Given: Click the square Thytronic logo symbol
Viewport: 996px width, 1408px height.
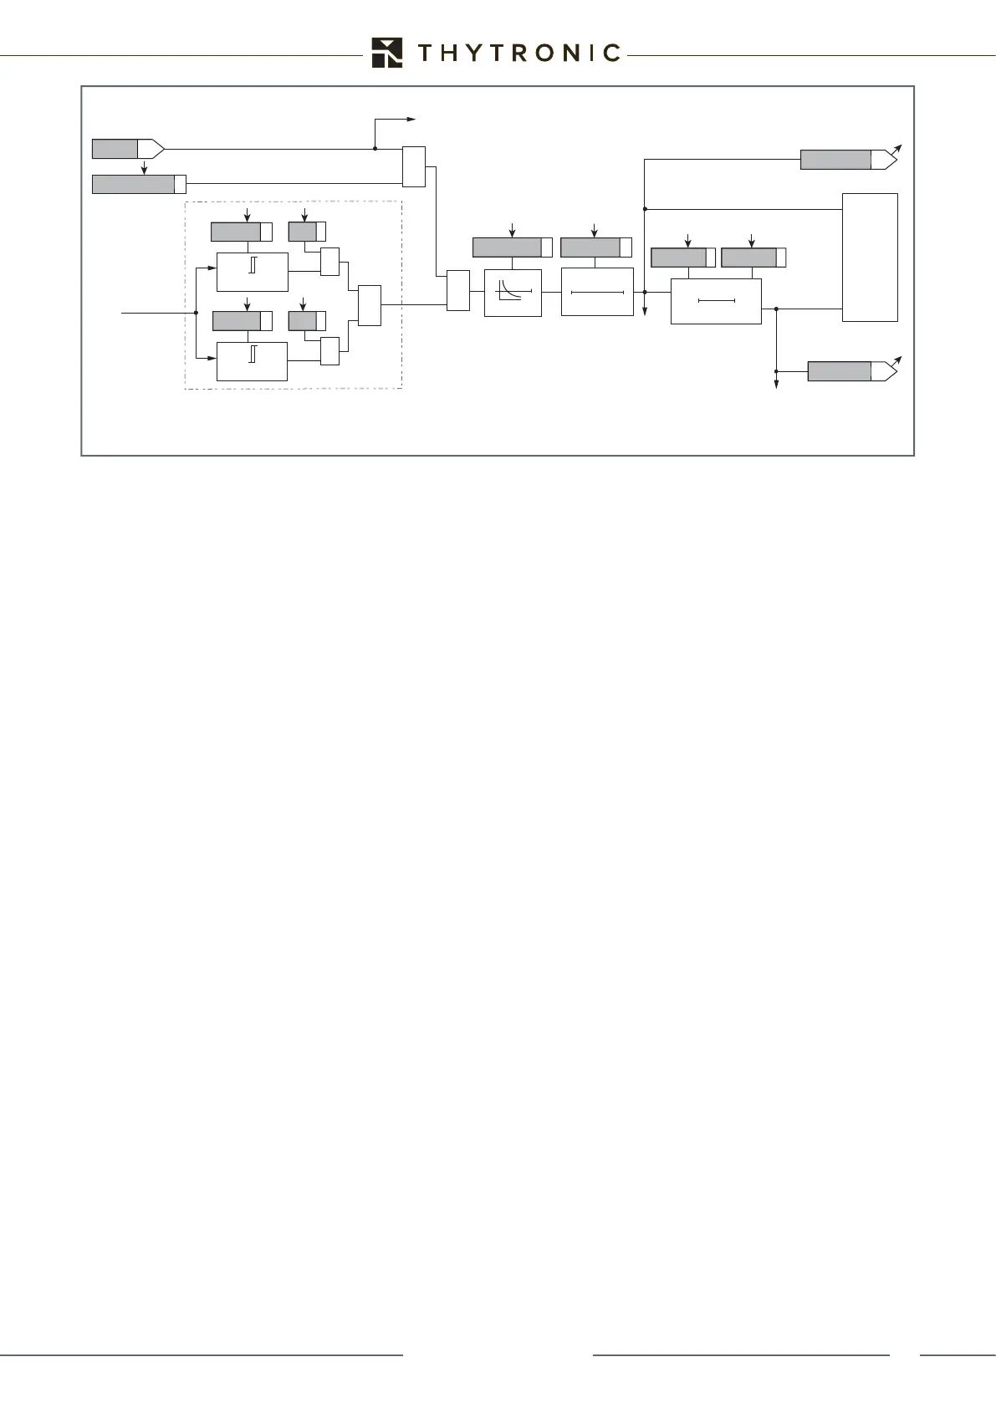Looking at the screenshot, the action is (387, 53).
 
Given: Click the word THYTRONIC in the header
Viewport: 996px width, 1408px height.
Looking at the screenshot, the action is (518, 54).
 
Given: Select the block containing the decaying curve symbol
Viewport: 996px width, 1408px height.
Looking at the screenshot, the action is (513, 293).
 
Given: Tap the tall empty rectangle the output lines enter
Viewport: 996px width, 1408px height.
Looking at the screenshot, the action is (870, 257).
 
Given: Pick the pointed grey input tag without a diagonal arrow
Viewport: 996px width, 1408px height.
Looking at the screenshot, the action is (127, 150).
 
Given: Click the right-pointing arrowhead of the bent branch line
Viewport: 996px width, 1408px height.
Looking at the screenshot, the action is (411, 120).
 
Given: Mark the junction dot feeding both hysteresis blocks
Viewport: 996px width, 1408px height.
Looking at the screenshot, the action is (195, 313).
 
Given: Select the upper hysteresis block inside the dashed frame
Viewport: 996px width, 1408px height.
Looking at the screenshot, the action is (252, 271).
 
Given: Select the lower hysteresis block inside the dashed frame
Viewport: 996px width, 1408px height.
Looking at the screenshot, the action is (252, 361).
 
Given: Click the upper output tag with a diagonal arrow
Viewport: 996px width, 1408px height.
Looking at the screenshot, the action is (847, 160).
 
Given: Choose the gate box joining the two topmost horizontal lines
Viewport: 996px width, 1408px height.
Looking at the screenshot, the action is (414, 166).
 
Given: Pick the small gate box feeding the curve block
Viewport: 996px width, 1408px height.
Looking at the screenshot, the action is (458, 290).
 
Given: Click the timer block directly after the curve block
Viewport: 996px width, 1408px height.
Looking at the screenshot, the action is (597, 292).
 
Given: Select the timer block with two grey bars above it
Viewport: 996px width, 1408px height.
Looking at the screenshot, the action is (716, 301).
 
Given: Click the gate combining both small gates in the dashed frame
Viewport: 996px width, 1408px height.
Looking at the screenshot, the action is (369, 305).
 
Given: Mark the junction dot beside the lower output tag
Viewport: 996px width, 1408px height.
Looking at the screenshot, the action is (777, 371).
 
